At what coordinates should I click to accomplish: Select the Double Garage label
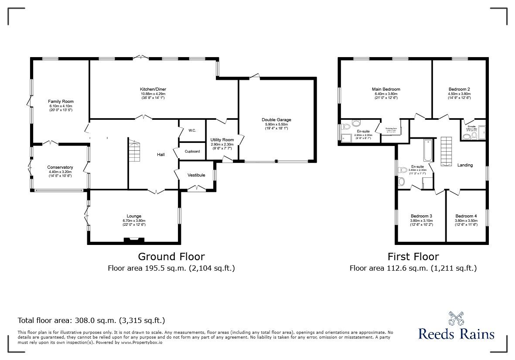tap(276, 120)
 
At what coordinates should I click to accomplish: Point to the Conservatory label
tap(60, 167)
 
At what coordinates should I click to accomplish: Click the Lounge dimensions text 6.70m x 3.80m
tap(134, 221)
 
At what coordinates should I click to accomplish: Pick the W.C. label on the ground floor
tap(192, 130)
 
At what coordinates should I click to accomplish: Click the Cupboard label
tap(192, 152)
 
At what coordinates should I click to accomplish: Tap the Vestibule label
tap(196, 175)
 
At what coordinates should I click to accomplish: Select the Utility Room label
tap(222, 140)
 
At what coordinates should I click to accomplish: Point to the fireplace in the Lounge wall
tap(134, 239)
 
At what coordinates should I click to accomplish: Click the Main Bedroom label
tap(386, 89)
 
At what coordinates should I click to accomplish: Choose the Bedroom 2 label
tap(459, 89)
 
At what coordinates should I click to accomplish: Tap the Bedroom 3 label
tap(421, 216)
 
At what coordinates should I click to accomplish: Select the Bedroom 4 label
tap(466, 216)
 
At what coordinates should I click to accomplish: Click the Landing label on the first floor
tap(465, 165)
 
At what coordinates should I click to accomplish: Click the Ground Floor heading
tap(171, 257)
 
